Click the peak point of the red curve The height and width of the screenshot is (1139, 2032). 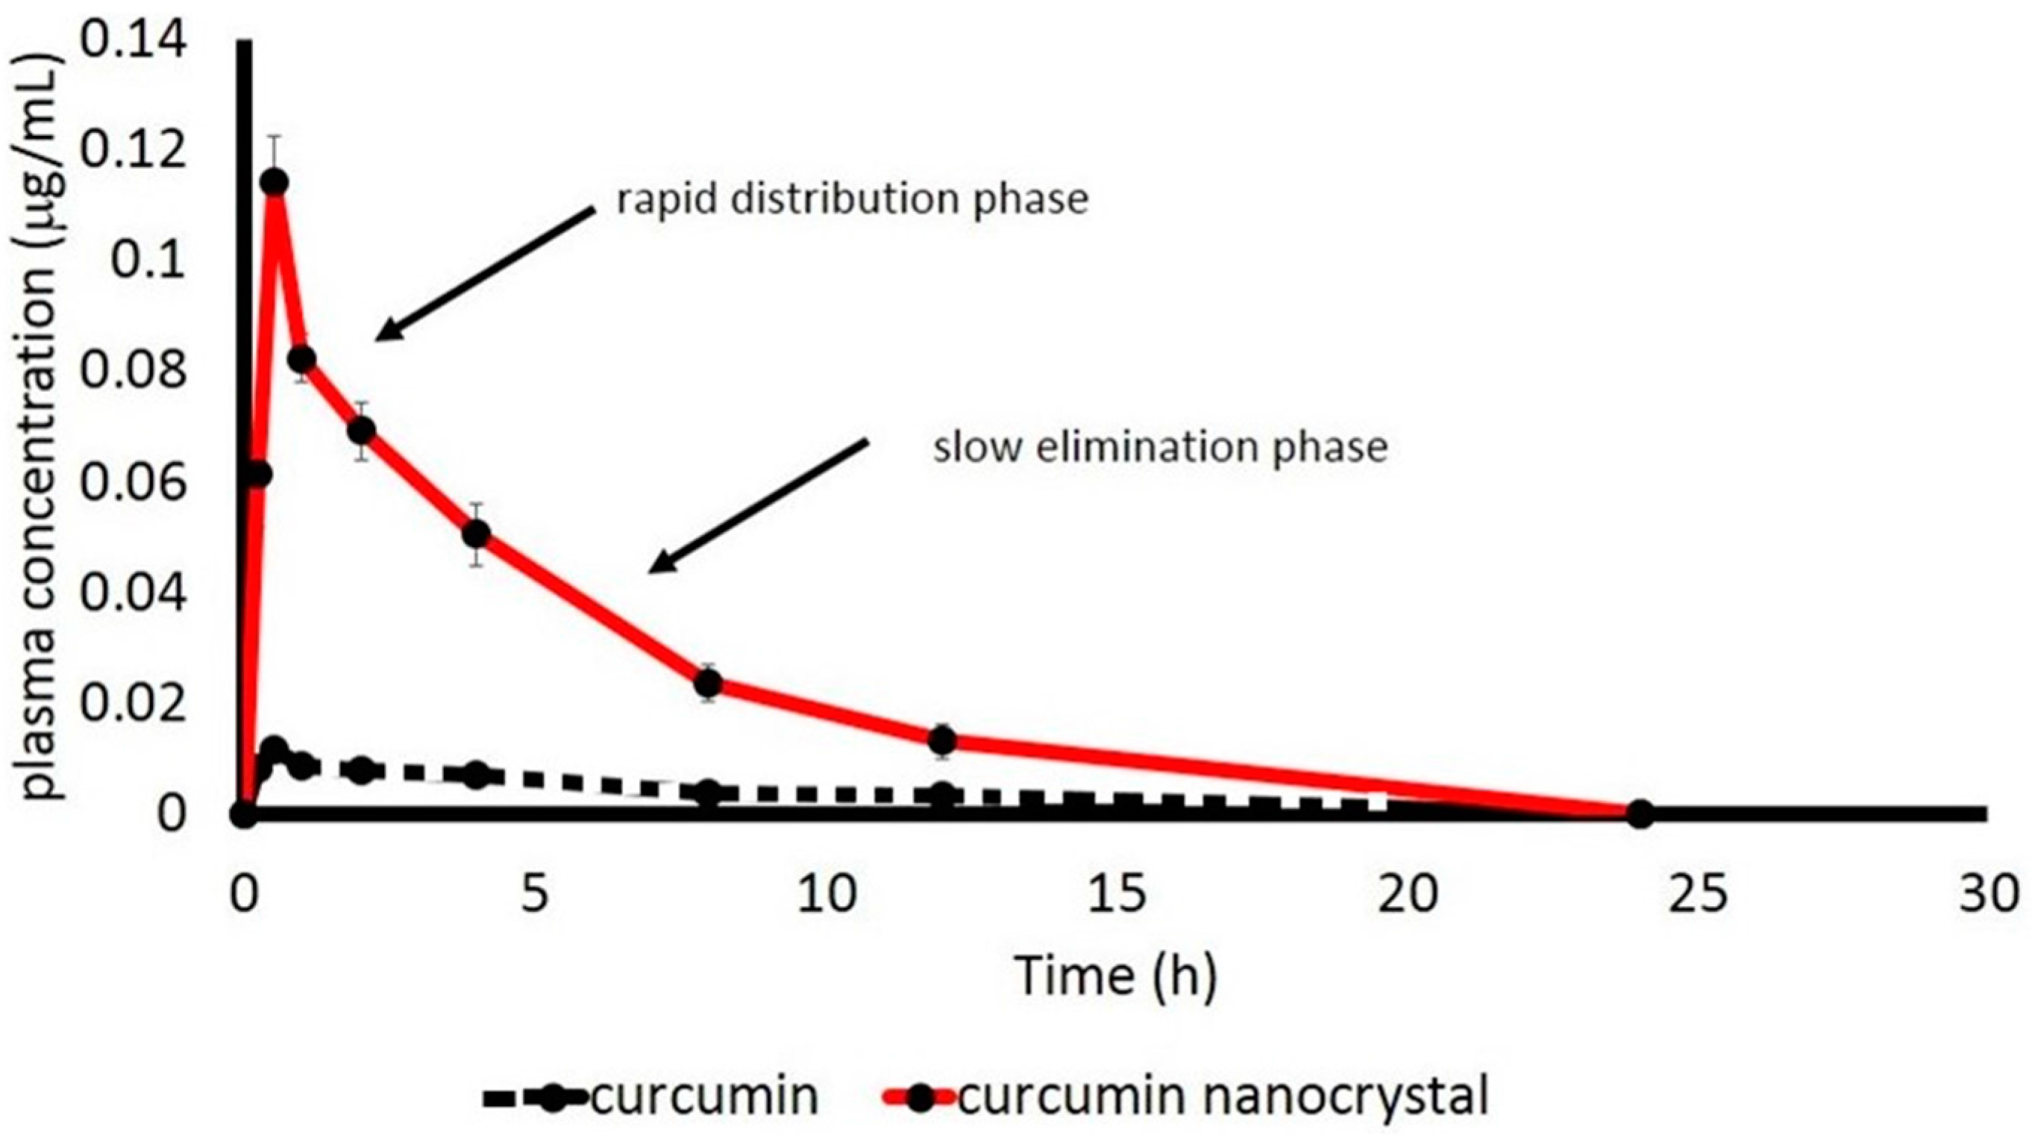(274, 182)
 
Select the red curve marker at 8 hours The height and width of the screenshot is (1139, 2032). (709, 681)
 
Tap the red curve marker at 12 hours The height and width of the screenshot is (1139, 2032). (942, 740)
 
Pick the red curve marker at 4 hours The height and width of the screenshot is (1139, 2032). (476, 534)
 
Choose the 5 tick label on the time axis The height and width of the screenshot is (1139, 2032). (535, 896)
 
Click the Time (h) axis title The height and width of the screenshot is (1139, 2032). (1116, 976)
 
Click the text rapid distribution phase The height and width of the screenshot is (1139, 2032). (852, 199)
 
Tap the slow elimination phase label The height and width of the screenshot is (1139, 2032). (1159, 448)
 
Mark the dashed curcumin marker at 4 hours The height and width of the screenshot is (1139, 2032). (476, 775)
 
